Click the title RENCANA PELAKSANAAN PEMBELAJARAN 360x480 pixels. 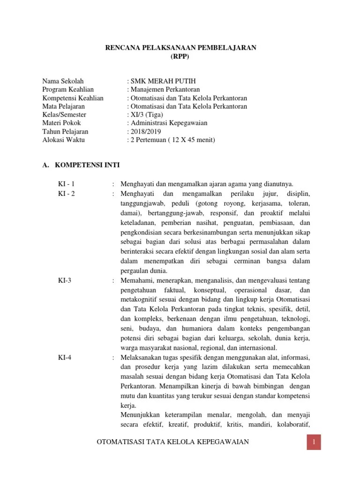180,48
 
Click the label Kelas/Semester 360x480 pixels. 64,115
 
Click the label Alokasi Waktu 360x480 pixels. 64,140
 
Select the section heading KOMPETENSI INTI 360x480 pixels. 87,165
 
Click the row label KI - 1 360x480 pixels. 67,183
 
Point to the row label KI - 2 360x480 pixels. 67,193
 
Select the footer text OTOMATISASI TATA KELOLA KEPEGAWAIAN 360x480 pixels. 172,442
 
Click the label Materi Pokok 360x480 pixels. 61,123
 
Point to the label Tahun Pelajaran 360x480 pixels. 65,132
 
